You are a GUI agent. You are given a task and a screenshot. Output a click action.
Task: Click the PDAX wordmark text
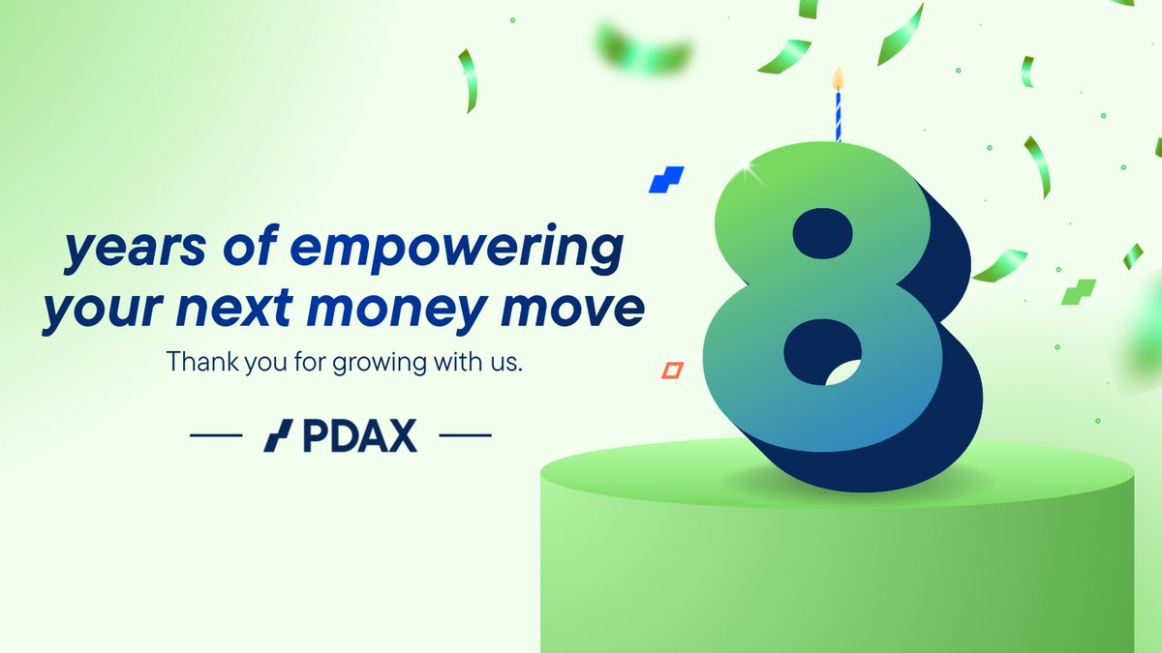(358, 437)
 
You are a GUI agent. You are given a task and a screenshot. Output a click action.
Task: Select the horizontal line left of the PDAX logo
(216, 437)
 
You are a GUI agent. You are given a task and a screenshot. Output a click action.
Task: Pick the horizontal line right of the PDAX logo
(466, 437)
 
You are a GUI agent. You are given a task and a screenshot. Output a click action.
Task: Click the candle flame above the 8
(839, 75)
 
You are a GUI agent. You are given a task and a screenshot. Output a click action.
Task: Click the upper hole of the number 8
(821, 233)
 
